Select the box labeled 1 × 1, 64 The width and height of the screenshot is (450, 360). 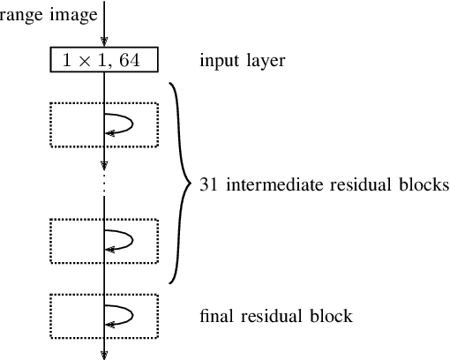pyautogui.click(x=104, y=61)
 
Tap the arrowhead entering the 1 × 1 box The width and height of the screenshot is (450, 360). pyautogui.click(x=105, y=42)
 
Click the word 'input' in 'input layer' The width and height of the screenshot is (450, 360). pyautogui.click(x=216, y=61)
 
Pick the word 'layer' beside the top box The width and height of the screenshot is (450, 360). pyautogui.click(x=255, y=61)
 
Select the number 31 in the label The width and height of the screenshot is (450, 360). pyautogui.click(x=208, y=185)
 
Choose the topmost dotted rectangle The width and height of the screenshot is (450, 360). pyautogui.click(x=104, y=124)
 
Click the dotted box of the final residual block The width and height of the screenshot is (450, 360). pyautogui.click(x=104, y=315)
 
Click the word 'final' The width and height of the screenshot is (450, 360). pyautogui.click(x=216, y=316)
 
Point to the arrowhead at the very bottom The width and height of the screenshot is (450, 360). pyautogui.click(x=105, y=354)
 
